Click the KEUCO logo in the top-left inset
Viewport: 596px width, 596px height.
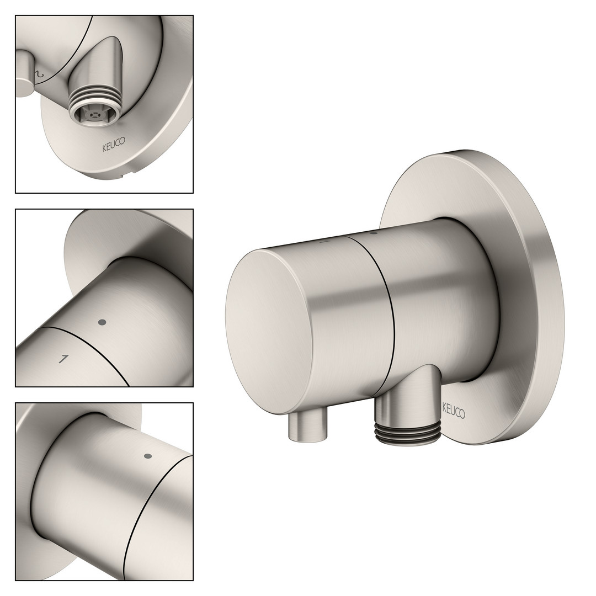click(113, 145)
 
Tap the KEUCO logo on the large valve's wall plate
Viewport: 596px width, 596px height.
click(453, 411)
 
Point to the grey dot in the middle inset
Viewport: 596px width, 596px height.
click(102, 322)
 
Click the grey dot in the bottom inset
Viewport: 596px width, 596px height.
click(148, 456)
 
